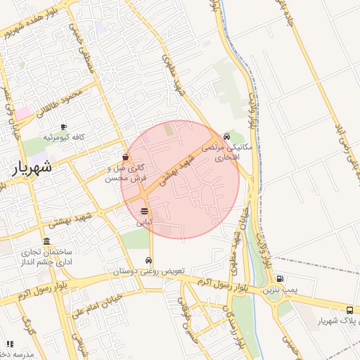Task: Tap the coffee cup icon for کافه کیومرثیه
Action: point(64,127)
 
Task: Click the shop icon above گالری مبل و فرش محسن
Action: point(125,157)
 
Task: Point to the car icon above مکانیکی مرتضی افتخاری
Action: point(226,136)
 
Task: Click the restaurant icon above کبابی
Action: point(144,211)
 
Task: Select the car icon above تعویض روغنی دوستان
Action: point(147,262)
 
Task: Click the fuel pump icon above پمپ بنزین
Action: point(281,279)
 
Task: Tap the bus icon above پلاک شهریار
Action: point(350,310)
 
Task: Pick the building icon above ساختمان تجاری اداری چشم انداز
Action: point(48,240)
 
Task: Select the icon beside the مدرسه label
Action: point(10,344)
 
